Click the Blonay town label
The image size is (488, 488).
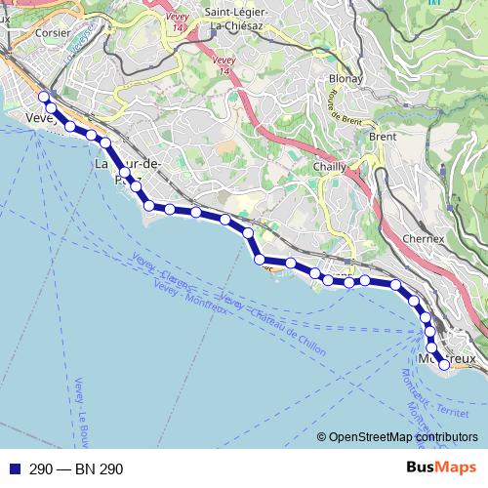point(346,79)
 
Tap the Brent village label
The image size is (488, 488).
point(383,137)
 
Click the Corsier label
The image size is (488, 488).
point(51,31)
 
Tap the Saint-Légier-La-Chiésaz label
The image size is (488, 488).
point(245,19)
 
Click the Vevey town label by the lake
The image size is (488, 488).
point(38,117)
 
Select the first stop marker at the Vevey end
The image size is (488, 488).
point(43,97)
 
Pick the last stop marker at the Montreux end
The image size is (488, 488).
point(444,365)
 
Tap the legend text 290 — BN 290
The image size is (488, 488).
point(76,469)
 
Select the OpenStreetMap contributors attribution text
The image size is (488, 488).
point(403,437)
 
